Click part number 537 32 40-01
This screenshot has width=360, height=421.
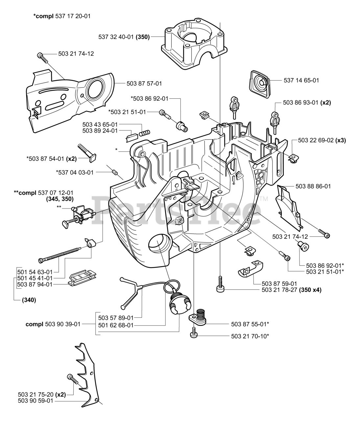[x=116, y=37]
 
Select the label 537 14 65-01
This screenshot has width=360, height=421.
[x=301, y=80]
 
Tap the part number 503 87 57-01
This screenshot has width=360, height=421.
[x=144, y=84]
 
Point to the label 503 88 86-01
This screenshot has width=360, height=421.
[x=313, y=186]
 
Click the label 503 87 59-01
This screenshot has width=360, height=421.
[x=279, y=284]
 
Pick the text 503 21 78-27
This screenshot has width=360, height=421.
[x=279, y=290]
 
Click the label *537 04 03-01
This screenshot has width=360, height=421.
[x=75, y=173]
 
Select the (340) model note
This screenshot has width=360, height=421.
[x=29, y=300]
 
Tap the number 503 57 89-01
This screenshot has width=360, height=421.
[x=116, y=318]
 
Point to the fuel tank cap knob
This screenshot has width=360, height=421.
[x=180, y=305]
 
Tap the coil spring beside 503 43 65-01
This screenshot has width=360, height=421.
[x=145, y=133]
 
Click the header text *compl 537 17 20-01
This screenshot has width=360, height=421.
[x=62, y=16]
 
